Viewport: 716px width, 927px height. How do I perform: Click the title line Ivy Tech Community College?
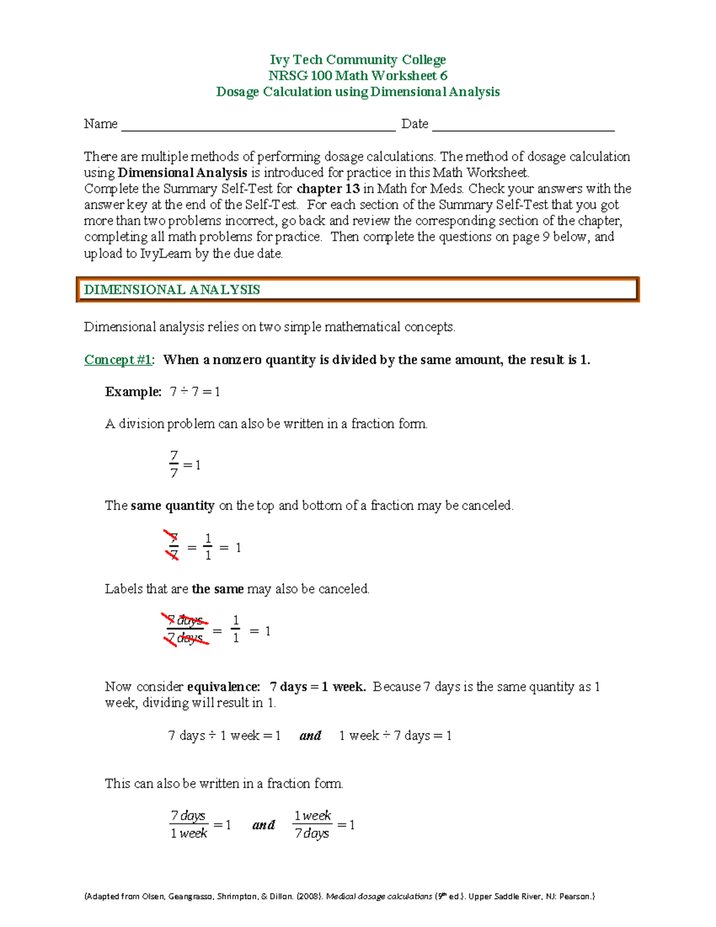[x=357, y=60]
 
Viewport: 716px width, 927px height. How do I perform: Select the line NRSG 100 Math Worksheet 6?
[x=357, y=76]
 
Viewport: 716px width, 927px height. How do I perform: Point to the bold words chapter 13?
[x=328, y=189]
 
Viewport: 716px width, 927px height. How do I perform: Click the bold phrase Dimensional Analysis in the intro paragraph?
[x=183, y=173]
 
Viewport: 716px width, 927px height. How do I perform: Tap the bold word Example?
[x=133, y=392]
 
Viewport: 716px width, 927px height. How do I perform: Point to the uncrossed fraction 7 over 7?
[x=174, y=464]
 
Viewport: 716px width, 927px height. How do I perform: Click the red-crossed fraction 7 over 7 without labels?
[x=173, y=546]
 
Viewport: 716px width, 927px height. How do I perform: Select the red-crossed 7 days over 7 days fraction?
[x=186, y=630]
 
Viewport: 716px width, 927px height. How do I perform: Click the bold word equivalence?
[x=224, y=687]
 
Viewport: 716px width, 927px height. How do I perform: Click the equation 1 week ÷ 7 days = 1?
[x=395, y=736]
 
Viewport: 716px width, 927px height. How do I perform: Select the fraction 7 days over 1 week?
[x=189, y=824]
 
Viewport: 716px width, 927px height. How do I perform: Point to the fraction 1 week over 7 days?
[x=312, y=824]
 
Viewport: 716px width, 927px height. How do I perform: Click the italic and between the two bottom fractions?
[x=263, y=825]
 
